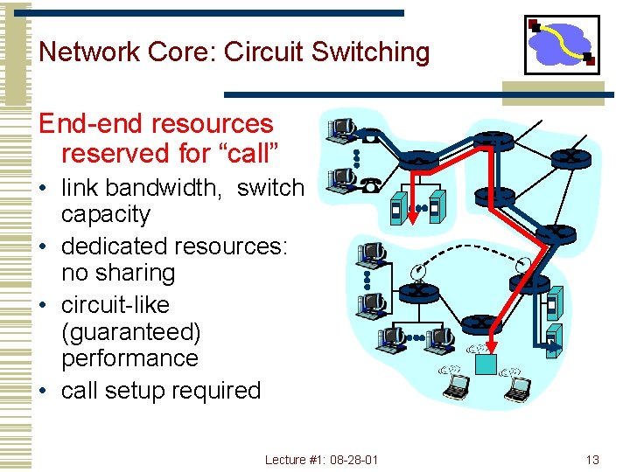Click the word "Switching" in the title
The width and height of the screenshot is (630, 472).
click(x=370, y=52)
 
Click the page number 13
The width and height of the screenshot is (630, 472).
click(x=592, y=460)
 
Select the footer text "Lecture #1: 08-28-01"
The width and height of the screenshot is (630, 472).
click(x=321, y=460)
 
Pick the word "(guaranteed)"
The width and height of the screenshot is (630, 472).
click(x=130, y=332)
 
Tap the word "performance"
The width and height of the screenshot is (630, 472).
click(x=129, y=358)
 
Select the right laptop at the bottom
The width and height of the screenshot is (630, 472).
click(x=518, y=387)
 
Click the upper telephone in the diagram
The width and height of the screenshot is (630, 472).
click(x=370, y=137)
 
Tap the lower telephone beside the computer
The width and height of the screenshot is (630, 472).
click(x=370, y=184)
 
